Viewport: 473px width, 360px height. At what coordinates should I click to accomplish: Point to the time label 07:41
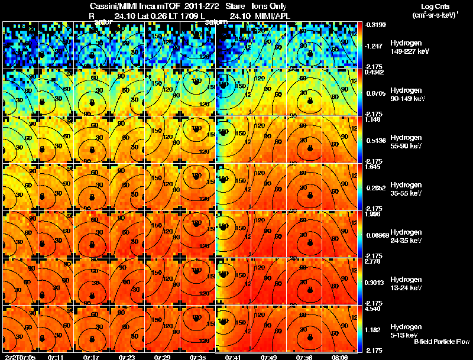[x=235, y=357]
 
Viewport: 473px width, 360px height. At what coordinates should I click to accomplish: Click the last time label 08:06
[x=342, y=357]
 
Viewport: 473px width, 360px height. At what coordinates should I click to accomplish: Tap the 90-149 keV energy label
[x=404, y=99]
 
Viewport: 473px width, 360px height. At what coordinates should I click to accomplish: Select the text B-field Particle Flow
[x=441, y=342]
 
